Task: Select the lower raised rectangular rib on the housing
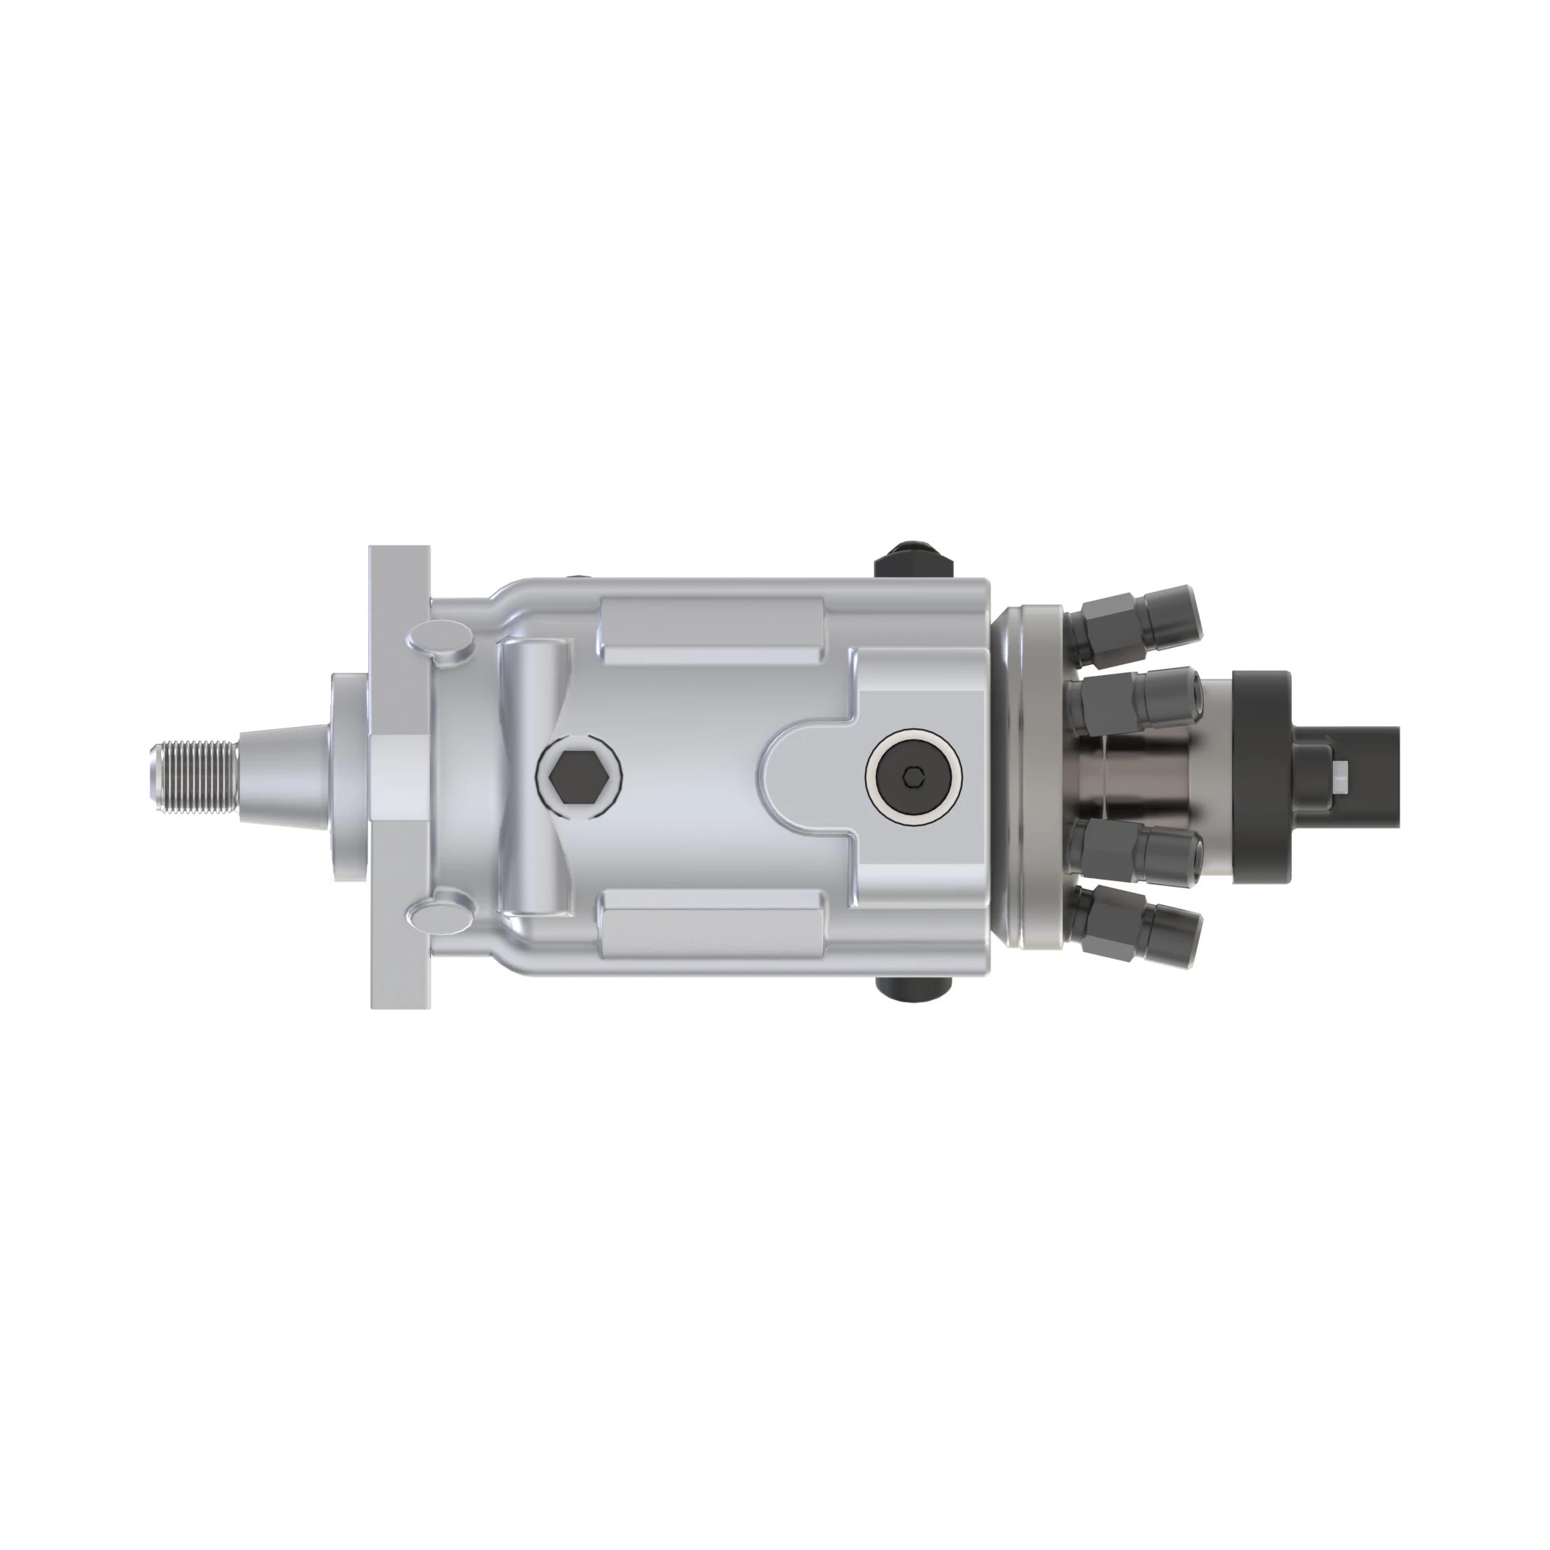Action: [x=714, y=922]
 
